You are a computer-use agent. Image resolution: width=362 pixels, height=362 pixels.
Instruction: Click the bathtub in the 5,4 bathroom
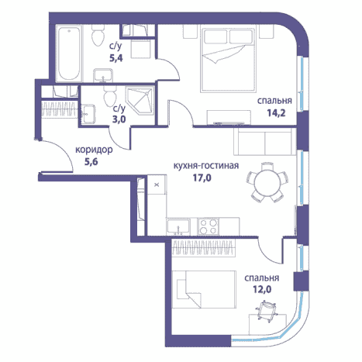[x=69, y=53]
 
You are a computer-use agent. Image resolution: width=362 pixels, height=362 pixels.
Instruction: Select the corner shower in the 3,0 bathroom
[x=140, y=101]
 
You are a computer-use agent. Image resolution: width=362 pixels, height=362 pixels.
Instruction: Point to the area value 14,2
[x=276, y=113]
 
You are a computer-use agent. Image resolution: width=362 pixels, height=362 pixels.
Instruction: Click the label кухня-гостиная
[x=205, y=165]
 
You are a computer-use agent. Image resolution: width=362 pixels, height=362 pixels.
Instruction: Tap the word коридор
[x=94, y=150]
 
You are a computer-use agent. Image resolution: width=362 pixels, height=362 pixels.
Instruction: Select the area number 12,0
[x=262, y=289]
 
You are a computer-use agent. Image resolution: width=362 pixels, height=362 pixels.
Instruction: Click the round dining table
[x=267, y=183]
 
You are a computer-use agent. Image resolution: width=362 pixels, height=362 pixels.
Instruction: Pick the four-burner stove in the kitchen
[x=209, y=226]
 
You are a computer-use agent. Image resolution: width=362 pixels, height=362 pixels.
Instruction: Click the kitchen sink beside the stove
[x=178, y=226]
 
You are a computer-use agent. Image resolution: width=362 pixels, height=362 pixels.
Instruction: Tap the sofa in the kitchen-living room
[x=265, y=141]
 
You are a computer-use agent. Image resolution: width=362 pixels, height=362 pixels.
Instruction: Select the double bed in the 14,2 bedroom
[x=228, y=59]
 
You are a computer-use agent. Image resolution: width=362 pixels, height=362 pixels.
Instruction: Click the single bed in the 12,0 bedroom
[x=204, y=289]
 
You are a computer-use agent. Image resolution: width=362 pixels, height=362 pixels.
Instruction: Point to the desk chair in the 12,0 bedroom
[x=267, y=310]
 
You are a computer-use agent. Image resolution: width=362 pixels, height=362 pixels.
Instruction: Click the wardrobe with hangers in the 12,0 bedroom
[x=204, y=247]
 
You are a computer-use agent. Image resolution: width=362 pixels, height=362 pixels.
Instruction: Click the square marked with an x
[x=157, y=184]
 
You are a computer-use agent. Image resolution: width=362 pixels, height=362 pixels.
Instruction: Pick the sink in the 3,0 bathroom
[x=88, y=114]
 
